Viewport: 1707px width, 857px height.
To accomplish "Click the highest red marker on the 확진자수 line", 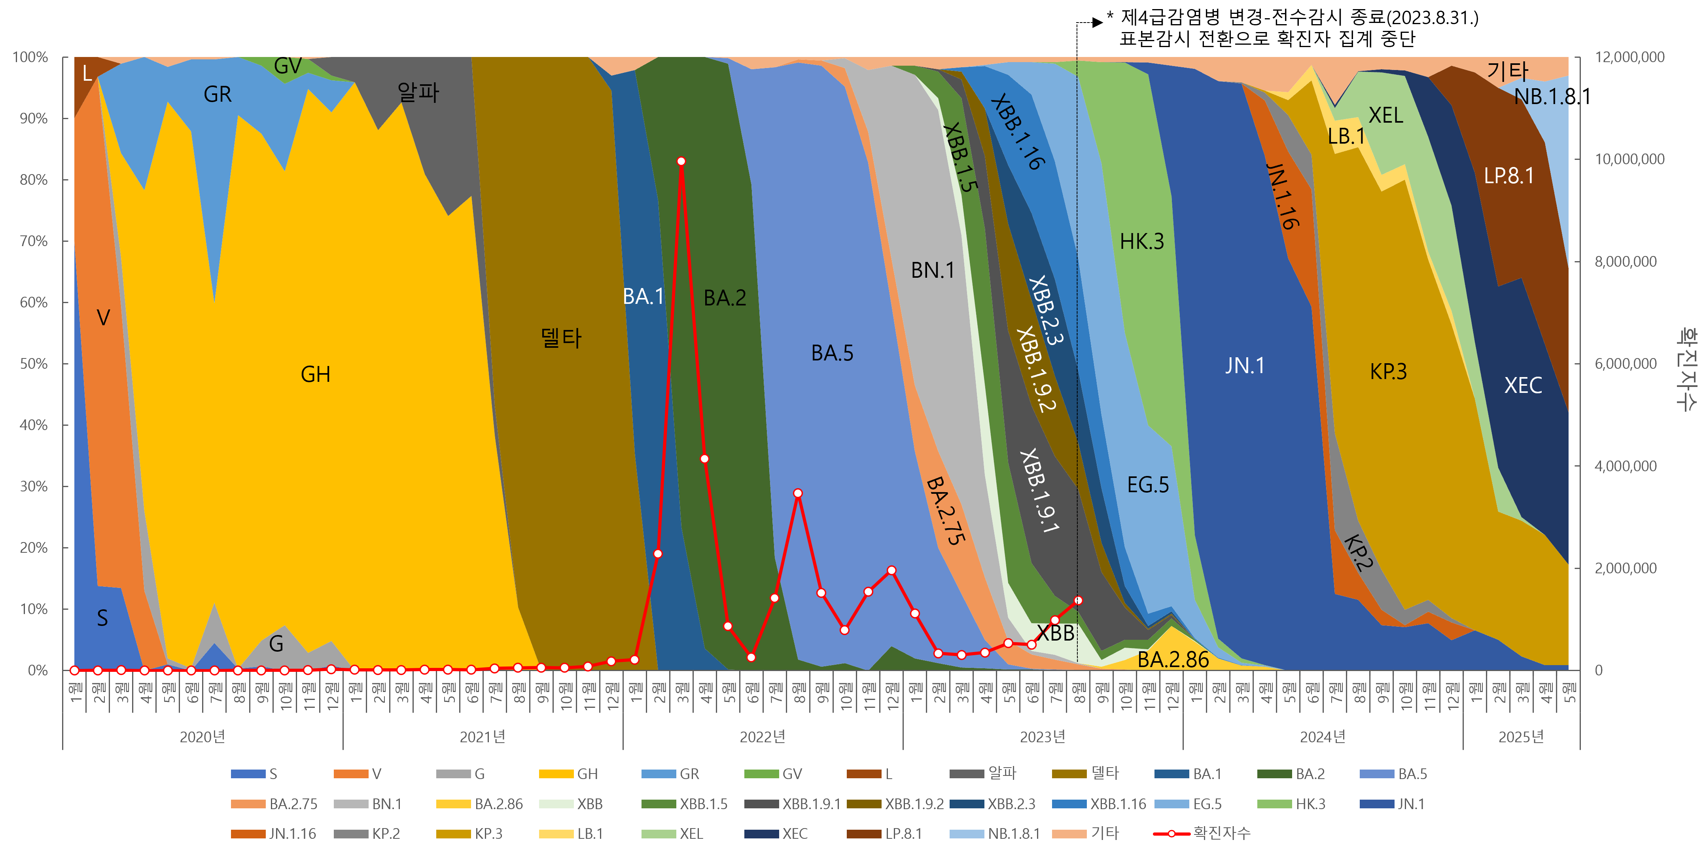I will (x=681, y=161).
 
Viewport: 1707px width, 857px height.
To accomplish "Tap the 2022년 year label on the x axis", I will (x=762, y=736).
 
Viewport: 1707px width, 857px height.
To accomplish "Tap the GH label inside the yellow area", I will (x=316, y=374).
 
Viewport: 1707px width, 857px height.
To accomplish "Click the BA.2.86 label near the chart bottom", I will (x=1173, y=660).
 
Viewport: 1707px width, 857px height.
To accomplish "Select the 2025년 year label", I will (x=1521, y=736).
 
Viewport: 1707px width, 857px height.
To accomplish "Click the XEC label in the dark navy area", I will (x=1523, y=385).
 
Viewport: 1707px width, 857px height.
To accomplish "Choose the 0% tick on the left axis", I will (x=37, y=670).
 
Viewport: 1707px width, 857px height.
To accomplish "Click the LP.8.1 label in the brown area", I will (x=1508, y=176).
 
